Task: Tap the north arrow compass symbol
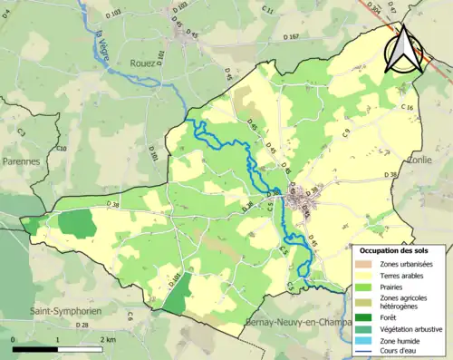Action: (403, 50)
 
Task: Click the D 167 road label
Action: (289, 37)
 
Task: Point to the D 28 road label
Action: (82, 325)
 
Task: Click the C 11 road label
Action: (268, 10)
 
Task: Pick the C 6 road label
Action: (130, 316)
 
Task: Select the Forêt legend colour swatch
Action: (366, 316)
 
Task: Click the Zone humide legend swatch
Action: (366, 341)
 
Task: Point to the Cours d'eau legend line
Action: (366, 352)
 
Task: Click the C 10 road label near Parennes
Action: (62, 148)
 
